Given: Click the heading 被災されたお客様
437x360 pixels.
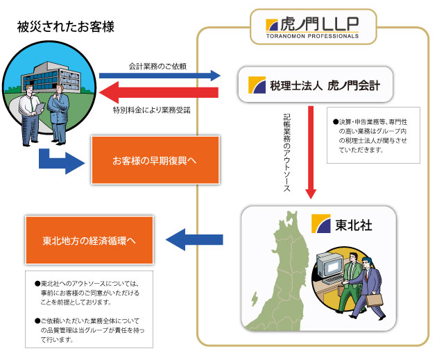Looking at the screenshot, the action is [x=65, y=27].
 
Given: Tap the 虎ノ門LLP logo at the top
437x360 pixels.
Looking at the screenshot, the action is [x=312, y=27].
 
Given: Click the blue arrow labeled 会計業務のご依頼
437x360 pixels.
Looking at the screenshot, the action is [x=160, y=76].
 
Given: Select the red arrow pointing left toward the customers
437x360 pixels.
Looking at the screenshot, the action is [x=159, y=92].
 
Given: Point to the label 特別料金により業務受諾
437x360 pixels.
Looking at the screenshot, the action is [x=152, y=110].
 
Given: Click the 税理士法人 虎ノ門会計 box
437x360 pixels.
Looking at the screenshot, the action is [x=315, y=85].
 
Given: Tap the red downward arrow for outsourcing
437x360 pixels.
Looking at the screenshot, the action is [x=311, y=152].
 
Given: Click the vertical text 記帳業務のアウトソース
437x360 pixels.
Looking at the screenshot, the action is [x=287, y=153].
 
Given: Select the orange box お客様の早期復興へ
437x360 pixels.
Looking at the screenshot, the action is [x=155, y=160].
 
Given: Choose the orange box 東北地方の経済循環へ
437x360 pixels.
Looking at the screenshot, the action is [x=89, y=240].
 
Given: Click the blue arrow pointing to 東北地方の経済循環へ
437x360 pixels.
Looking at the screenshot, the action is [x=194, y=239].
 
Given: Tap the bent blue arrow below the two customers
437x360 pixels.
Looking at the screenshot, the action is [x=61, y=162].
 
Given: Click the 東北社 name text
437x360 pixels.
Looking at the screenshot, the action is [x=353, y=225].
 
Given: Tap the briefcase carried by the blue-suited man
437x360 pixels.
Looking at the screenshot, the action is [x=375, y=300].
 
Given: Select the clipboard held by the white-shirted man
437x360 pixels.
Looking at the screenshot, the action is [x=40, y=108].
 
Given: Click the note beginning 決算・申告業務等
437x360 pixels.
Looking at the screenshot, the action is [x=373, y=135].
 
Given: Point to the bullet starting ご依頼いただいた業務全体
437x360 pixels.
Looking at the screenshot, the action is [x=89, y=330].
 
